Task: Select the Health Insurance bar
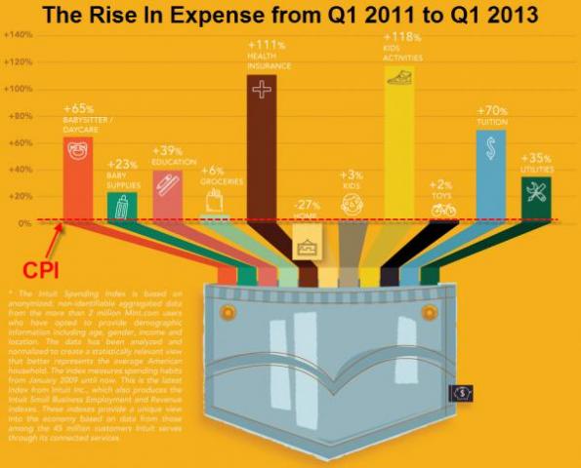tap(261, 146)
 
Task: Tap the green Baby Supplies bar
tap(122, 207)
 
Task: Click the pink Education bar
tap(167, 195)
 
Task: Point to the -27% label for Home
tap(306, 206)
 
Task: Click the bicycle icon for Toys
tap(443, 209)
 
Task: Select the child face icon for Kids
tap(352, 205)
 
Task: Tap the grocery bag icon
tap(214, 201)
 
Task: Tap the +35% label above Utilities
tap(536, 157)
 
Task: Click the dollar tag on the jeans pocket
tap(461, 392)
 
